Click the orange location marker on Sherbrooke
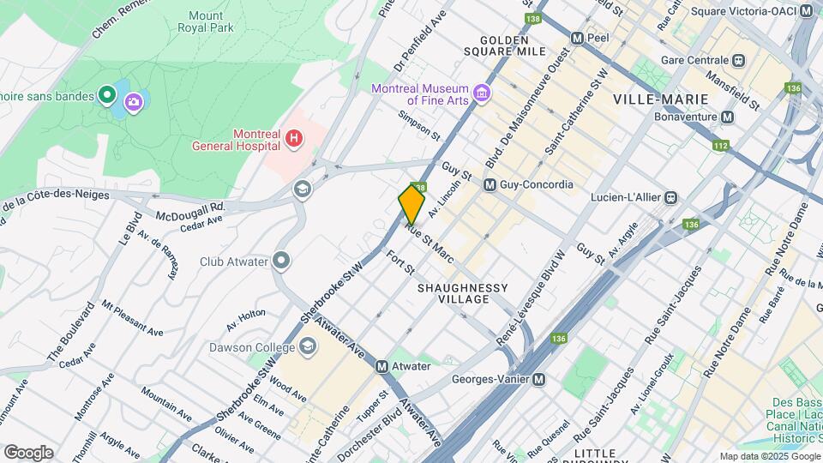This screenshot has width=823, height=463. [x=411, y=204]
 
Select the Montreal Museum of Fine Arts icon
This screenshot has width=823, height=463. [x=483, y=92]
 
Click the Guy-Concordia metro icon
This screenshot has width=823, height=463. [x=490, y=184]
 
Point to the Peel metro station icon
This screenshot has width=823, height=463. [x=577, y=39]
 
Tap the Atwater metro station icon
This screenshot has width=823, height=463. [x=382, y=366]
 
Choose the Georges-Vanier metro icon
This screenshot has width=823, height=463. [x=538, y=379]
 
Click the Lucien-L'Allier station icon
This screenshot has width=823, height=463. [x=671, y=198]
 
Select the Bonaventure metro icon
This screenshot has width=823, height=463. [x=728, y=117]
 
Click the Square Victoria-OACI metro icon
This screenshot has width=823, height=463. [x=806, y=11]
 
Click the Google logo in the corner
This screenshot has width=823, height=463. [x=28, y=453]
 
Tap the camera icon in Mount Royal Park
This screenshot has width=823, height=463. [x=133, y=103]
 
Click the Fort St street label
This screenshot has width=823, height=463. [x=400, y=262]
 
